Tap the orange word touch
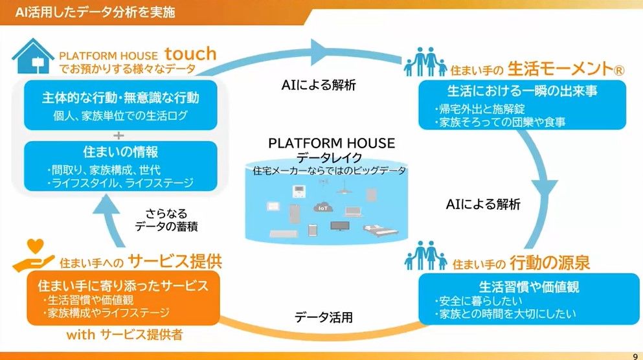point(190,54)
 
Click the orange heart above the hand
point(35,246)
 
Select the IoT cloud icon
point(323,207)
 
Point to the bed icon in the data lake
point(381,230)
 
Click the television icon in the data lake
point(340,226)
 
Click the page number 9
point(635,356)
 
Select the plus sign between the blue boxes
point(118,135)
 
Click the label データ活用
point(324,317)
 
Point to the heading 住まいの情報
point(120,152)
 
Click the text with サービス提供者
point(124,335)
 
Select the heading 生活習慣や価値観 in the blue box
point(529,287)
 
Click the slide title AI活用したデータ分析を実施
point(95,12)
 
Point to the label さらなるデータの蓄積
point(166,219)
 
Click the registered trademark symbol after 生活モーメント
point(619,71)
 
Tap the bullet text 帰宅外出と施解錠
point(480,109)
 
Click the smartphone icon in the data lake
point(313,230)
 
